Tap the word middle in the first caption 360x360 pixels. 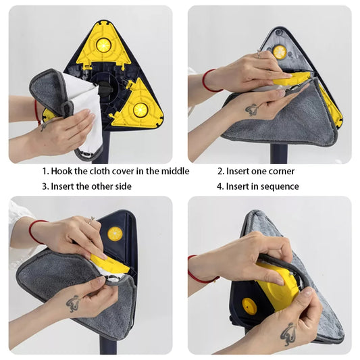point(174,172)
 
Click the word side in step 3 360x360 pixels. point(123,186)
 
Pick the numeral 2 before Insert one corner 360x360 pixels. point(220,172)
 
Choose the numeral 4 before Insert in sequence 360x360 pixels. point(220,186)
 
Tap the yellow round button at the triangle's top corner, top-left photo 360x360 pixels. point(103,45)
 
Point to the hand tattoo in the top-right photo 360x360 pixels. point(251,109)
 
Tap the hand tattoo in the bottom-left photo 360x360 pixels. point(73,302)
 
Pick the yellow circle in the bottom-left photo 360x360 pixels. point(115,234)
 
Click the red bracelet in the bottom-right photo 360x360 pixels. point(197,268)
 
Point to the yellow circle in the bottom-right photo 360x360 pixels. point(249,306)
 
